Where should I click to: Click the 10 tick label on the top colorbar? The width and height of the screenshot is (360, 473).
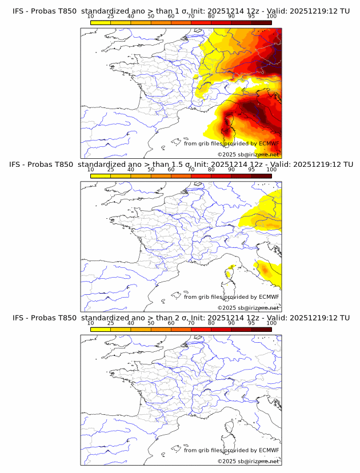pyautogui.click(x=91, y=16)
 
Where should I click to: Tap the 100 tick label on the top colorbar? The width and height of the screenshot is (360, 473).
pyautogui.click(x=271, y=16)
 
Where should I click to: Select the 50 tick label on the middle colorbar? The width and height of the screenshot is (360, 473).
pyautogui.click(x=151, y=170)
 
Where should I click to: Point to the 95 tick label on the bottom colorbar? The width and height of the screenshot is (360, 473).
pyautogui.click(x=251, y=323)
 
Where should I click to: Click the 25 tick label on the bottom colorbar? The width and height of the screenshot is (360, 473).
pyautogui.click(x=111, y=323)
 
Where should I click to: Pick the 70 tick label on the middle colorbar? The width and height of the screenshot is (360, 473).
pyautogui.click(x=191, y=170)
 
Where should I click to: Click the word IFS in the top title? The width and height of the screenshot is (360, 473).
pyautogui.click(x=19, y=10)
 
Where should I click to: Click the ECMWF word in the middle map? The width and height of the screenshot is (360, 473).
pyautogui.click(x=269, y=297)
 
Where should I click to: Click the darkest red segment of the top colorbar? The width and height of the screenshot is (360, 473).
pyautogui.click(x=261, y=22)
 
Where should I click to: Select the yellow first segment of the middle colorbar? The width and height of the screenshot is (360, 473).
pyautogui.click(x=101, y=176)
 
